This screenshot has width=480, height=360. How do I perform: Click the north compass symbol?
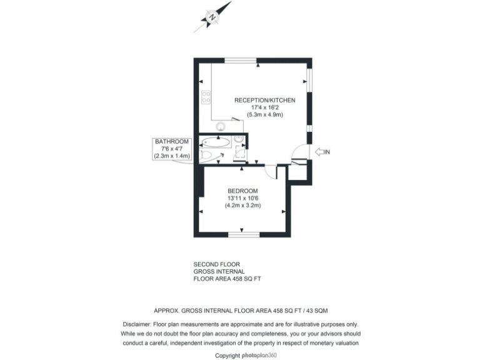click(212, 16)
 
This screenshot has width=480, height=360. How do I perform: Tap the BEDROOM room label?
click(242, 191)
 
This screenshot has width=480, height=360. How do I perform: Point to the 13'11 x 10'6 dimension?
click(243, 199)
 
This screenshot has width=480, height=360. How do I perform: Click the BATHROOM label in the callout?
click(171, 142)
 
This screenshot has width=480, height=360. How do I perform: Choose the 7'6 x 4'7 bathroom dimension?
click(171, 149)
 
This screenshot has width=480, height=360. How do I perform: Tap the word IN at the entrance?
click(327, 152)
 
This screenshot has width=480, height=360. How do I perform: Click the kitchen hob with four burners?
click(206, 98)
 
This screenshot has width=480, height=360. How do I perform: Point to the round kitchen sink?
click(221, 126)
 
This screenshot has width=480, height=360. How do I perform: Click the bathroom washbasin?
click(240, 139)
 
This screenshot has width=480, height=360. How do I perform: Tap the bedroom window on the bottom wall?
click(243, 234)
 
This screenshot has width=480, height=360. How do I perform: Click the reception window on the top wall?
click(241, 60)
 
